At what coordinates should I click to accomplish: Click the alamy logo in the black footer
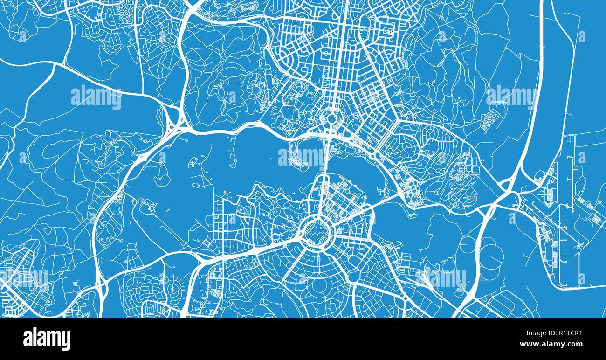coord(47,339)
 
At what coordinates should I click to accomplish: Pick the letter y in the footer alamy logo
coord(66,340)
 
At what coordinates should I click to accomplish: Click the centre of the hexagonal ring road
coord(332,118)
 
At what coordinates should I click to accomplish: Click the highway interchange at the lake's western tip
coord(173,122)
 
